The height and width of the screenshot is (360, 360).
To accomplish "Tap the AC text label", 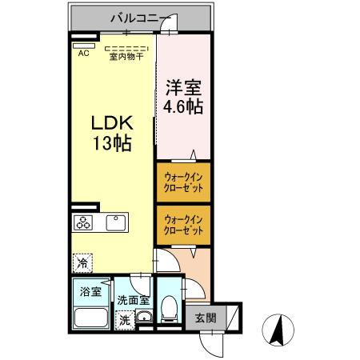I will click(82, 54).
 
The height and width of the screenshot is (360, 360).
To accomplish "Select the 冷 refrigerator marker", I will click(82, 262).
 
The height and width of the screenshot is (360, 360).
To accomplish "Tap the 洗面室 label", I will click(133, 300).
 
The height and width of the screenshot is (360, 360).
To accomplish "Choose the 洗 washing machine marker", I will click(124, 319).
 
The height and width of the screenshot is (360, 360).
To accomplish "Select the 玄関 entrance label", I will click(206, 318).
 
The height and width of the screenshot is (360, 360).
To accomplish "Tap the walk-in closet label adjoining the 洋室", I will click(183, 181).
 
